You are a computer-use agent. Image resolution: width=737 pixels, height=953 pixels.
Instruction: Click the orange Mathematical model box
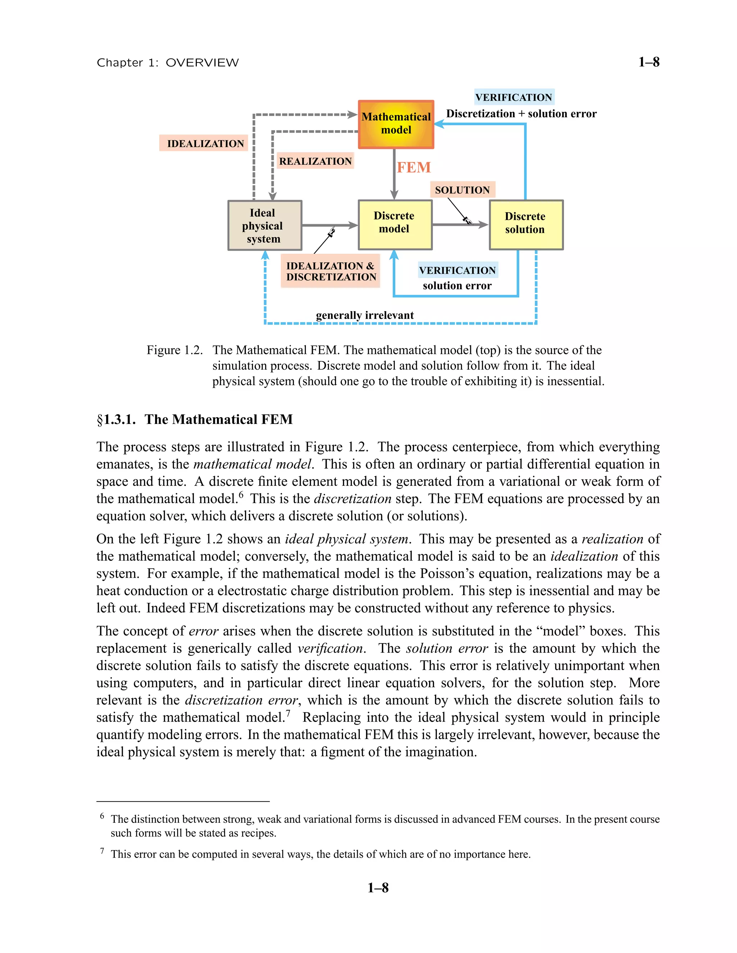coord(395,124)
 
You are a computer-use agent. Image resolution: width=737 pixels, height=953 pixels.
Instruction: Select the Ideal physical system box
coord(264,225)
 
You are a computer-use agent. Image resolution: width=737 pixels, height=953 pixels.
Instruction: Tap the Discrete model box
coord(395,225)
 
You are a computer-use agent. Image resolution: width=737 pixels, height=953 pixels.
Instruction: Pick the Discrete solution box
coord(526,225)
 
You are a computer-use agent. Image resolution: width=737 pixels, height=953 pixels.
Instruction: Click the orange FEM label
coord(413,168)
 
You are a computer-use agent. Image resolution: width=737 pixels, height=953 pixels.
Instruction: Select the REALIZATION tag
coord(315,161)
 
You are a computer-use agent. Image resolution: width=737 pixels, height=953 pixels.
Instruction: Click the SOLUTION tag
coord(462,190)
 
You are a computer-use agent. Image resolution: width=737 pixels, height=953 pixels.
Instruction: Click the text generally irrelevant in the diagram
coord(365,315)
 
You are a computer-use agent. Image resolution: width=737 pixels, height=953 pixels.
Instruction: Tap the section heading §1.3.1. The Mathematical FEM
coord(195,419)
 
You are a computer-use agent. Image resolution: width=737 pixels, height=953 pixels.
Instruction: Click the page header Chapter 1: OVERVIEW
coord(168,63)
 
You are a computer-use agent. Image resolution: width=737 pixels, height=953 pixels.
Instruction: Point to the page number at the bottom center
coord(377,888)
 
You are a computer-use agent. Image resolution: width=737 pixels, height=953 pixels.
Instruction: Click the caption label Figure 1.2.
coord(174,350)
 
